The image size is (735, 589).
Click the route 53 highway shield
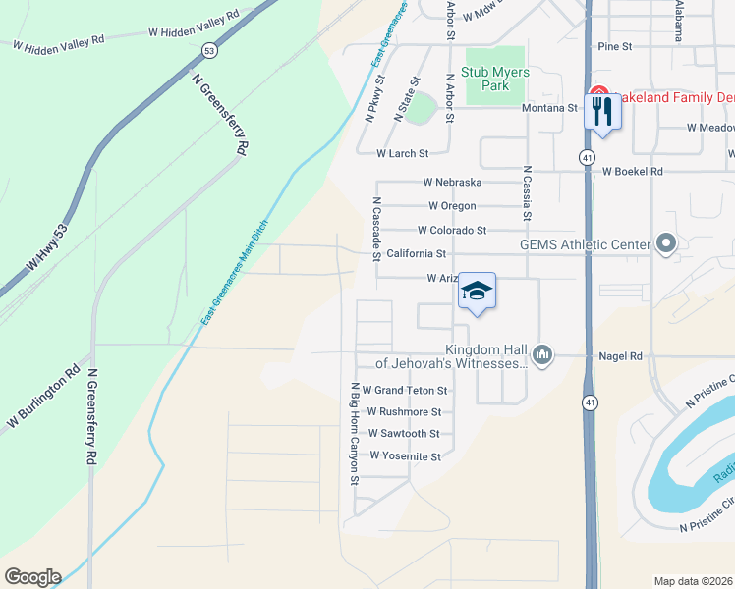[x=208, y=49]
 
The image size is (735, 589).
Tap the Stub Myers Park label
[x=496, y=79]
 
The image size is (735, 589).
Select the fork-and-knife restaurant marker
[x=602, y=111]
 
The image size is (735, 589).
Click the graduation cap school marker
[x=478, y=292]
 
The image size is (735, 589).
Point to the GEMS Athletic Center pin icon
[x=666, y=243]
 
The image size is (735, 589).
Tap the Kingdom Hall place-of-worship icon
[x=541, y=354]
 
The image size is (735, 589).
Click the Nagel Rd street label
[x=622, y=356]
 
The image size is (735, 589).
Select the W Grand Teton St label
[x=405, y=391]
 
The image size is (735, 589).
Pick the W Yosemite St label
[x=405, y=456]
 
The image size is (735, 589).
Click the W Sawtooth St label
[x=404, y=434]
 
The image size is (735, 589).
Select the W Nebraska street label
[x=452, y=183]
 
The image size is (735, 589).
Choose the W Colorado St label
[x=452, y=231]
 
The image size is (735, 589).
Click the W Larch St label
[x=403, y=154]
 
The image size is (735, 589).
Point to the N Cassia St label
[x=528, y=191]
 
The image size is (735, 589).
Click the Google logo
[x=32, y=577]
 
